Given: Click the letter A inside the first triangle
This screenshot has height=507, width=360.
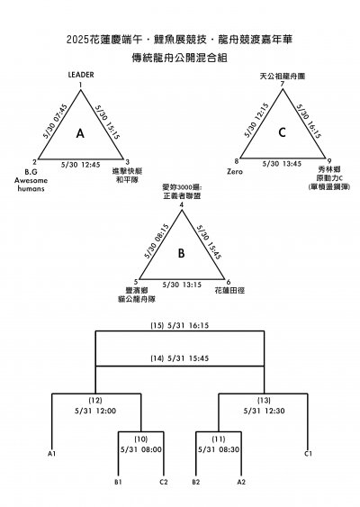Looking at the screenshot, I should pos(80,133).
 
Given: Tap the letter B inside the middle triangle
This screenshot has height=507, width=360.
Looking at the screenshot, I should pos(181,253).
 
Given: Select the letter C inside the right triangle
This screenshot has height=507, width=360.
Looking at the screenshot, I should pos(282,133).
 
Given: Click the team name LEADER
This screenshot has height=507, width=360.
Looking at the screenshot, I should pos(81,75).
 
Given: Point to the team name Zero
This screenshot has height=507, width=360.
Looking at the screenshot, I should pos(236,169).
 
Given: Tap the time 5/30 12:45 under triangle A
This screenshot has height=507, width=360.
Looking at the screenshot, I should pos(80,165).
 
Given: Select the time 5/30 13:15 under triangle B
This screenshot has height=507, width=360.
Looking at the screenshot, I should pos(181,285).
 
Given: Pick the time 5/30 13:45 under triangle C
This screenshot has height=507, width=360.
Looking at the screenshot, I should pos(282,165).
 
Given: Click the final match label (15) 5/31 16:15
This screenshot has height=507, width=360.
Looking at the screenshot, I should pos(180,325).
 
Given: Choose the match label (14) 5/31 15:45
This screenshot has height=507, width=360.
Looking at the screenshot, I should pos(180,358).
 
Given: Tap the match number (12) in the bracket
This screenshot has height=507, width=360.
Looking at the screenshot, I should pos(96,399).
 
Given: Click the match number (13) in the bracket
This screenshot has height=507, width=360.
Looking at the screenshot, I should pos(264,399).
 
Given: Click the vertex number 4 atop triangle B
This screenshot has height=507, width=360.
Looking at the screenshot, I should pos(181,205).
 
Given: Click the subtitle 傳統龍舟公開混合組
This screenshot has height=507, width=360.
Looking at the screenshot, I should pos(180,56).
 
